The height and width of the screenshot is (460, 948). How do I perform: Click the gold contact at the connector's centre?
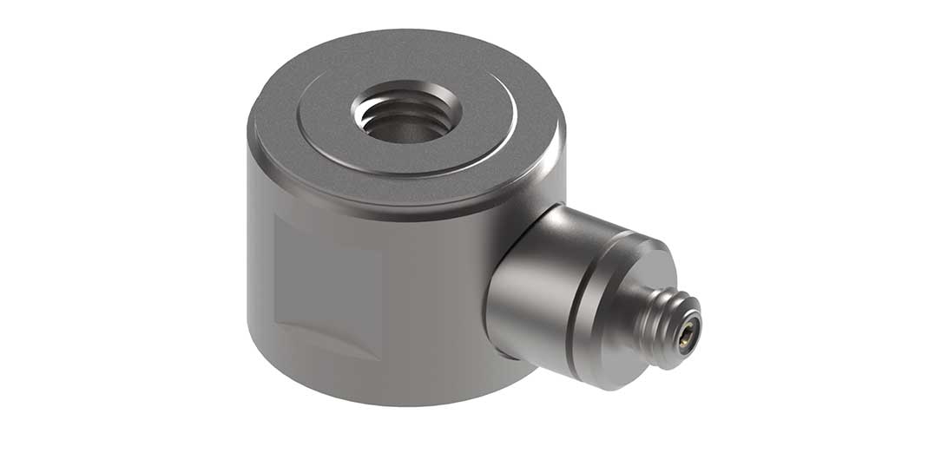point(685,332)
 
